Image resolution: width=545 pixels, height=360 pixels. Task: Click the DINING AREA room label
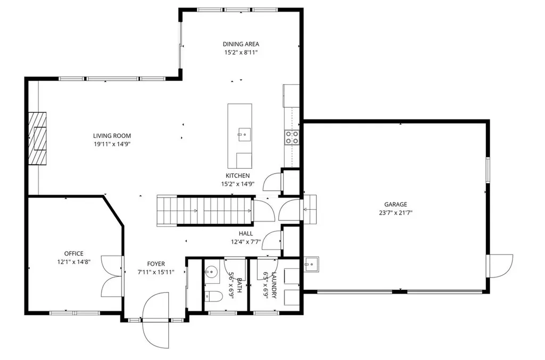pos(241,44)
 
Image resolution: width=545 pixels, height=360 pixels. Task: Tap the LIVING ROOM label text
pos(112,136)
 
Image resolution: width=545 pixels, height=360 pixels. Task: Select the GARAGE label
pos(395,204)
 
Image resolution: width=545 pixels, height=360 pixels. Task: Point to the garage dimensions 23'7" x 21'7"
pos(395,212)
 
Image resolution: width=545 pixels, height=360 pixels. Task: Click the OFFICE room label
pos(74,253)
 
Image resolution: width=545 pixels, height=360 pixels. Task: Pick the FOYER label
pos(156,264)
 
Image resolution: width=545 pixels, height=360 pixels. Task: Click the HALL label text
pos(246,233)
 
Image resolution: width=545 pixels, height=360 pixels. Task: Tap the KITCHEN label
pos(237,176)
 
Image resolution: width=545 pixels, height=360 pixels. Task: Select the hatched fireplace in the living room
pos(38,138)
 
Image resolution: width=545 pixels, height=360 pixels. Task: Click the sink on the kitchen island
pos(244,133)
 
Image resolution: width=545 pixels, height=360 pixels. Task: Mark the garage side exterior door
pos(500,266)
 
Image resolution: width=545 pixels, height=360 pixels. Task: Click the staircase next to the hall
pos(204,211)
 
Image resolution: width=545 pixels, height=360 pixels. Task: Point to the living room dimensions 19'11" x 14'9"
pos(112,144)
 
